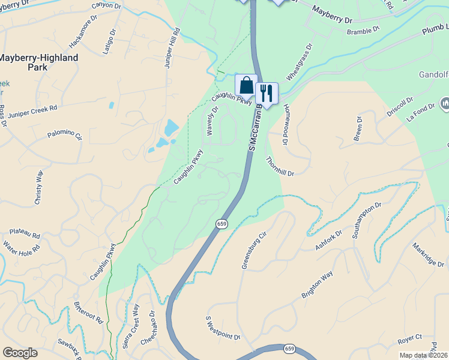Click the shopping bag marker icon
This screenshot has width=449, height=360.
pyautogui.click(x=246, y=85)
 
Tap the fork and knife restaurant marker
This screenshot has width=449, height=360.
pyautogui.click(x=267, y=92)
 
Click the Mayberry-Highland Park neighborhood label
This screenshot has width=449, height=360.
pyautogui.click(x=38, y=62)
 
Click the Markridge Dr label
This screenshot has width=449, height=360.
pyautogui.click(x=428, y=255)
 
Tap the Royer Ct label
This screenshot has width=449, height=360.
pyautogui.click(x=410, y=340)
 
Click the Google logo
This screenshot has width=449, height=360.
pyautogui.click(x=20, y=353)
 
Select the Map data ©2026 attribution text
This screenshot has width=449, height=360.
pyautogui.click(x=423, y=355)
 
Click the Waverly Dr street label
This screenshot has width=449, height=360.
pyautogui.click(x=212, y=113)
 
